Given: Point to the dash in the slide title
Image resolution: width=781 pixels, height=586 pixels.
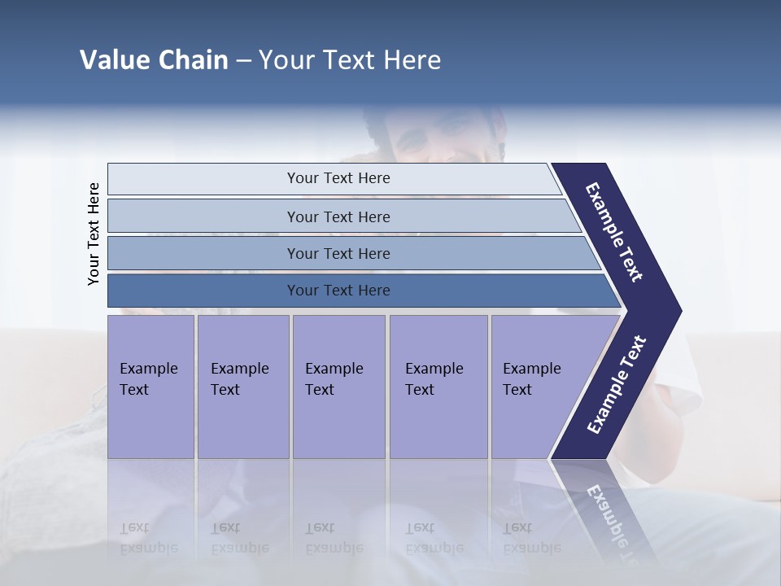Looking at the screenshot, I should (243, 61).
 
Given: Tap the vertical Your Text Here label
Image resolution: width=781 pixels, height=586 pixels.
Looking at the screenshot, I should (94, 234).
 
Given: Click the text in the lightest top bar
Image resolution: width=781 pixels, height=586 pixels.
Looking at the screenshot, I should (338, 178).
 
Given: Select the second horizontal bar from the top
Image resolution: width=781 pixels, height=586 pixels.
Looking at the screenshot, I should (338, 216).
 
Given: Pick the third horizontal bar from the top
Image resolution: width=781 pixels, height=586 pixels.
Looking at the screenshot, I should (338, 254).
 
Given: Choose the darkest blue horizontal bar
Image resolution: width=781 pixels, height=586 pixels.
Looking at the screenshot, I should (338, 291).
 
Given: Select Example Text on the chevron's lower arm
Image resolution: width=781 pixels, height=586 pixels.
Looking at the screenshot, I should (617, 384).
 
